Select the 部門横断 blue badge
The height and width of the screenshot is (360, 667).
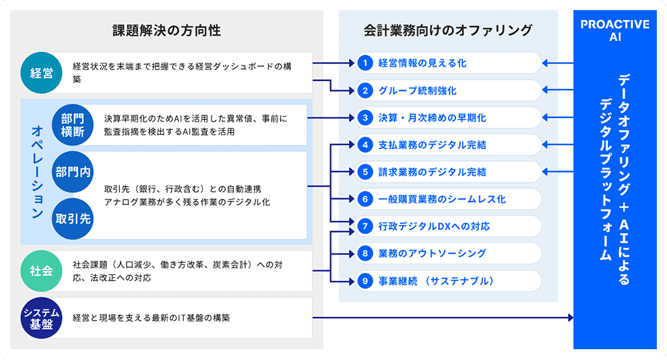73,124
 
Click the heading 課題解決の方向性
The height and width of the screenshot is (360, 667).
166,31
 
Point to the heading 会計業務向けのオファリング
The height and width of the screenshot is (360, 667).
448,31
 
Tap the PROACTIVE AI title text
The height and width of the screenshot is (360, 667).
614,31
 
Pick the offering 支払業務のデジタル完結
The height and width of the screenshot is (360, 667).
432,145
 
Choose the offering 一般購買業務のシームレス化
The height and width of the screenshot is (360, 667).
441,200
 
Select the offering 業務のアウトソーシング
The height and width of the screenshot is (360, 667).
432,253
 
